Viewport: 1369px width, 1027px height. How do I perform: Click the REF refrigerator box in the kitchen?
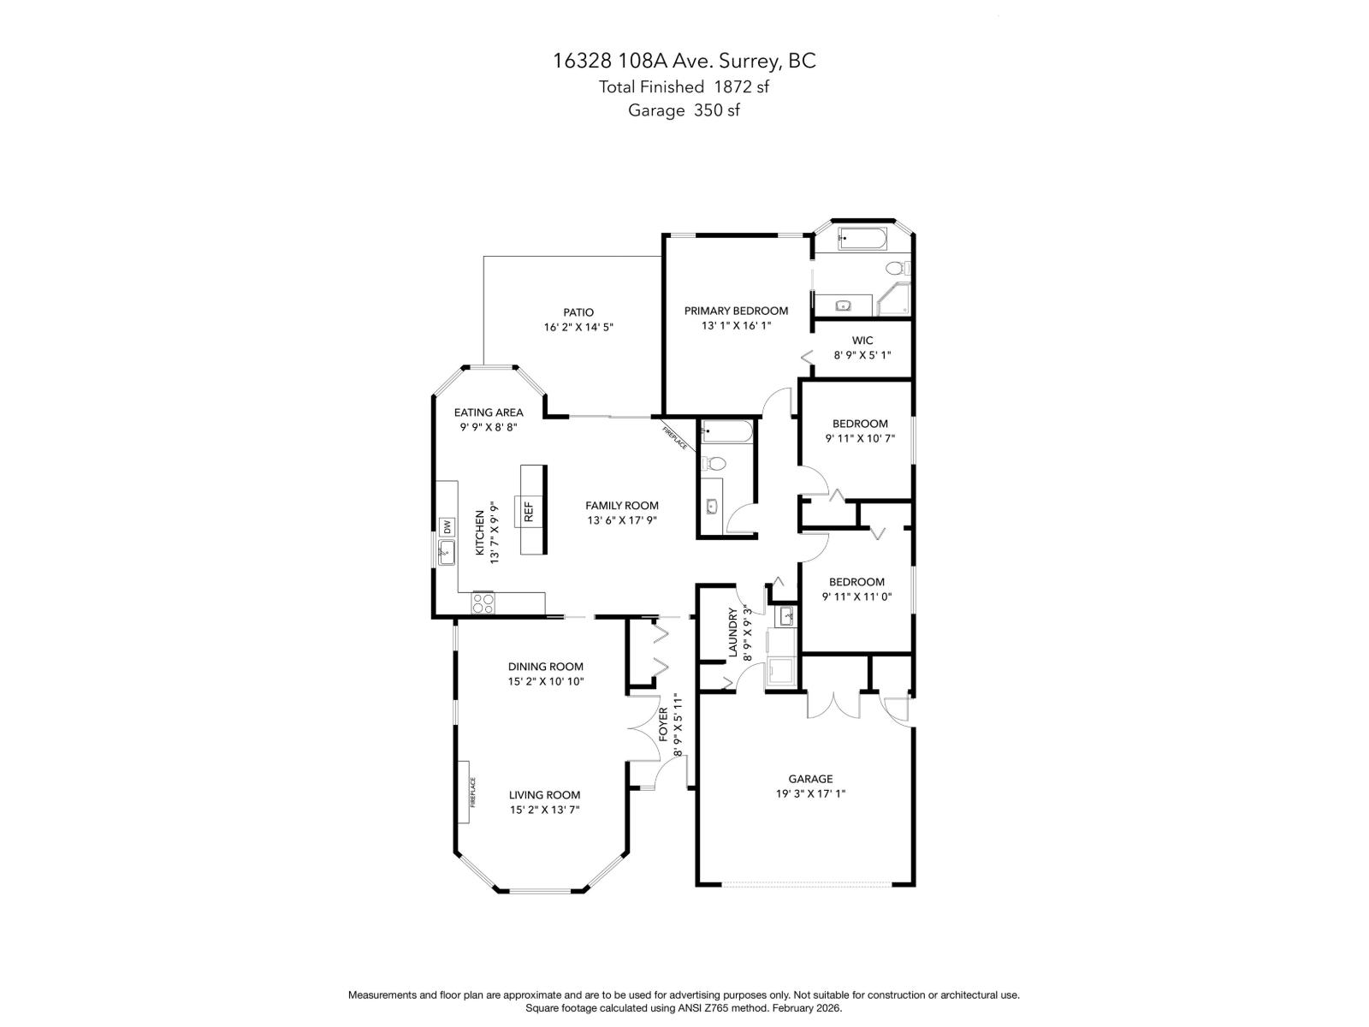527,511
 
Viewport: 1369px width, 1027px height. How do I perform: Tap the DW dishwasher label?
447,526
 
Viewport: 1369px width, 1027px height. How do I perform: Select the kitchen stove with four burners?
483,603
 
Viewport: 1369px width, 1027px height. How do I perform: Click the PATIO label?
578,312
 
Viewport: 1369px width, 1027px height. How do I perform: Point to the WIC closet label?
862,340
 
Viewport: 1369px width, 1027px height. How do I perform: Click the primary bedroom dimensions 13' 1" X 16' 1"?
736,326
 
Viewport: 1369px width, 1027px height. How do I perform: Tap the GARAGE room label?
809,779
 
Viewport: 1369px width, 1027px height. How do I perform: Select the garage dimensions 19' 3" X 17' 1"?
809,793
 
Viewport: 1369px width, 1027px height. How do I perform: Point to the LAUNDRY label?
732,633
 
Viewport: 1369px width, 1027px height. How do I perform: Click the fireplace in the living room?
463,791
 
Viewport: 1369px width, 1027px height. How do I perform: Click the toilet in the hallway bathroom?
714,464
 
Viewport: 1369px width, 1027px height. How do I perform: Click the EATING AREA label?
488,412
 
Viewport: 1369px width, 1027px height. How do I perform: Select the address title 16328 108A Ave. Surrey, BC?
684,61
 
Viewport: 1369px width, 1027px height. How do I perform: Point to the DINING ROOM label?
545,666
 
